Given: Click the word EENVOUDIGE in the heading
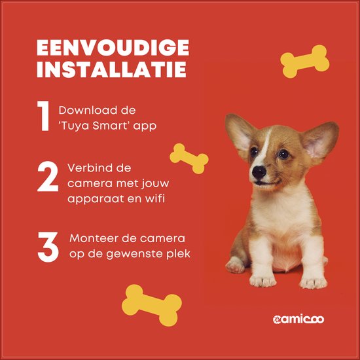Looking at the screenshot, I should pos(112,48).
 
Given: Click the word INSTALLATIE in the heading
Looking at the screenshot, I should pos(112,71).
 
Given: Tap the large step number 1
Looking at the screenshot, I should pos(43,117).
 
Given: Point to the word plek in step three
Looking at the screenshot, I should pos(179,253).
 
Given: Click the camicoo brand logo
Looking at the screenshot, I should pos(298,319).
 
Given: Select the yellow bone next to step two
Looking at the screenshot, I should pos(189,158).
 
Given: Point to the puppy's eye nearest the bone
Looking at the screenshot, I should pos(254,152).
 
